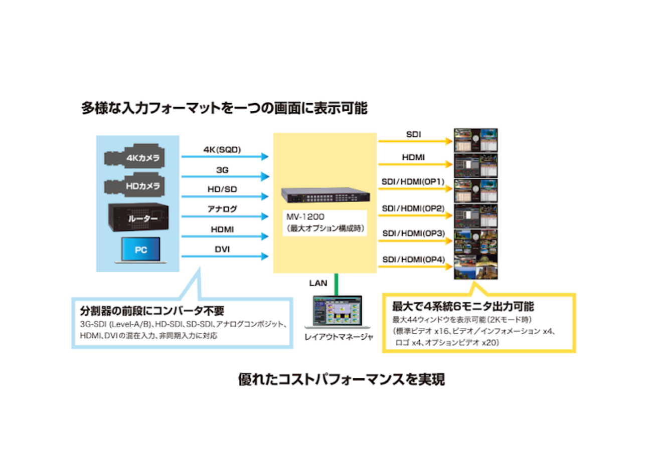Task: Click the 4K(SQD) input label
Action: (222, 149)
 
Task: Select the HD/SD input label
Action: (222, 190)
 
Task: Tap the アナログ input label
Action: (222, 208)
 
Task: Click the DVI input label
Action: (222, 249)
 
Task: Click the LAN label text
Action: (319, 283)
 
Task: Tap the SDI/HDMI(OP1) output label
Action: (413, 181)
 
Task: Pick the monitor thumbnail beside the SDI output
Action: (475, 140)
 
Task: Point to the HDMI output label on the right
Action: (413, 157)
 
